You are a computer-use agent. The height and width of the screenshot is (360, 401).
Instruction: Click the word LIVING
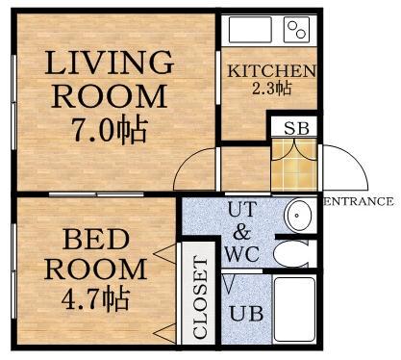(109, 64)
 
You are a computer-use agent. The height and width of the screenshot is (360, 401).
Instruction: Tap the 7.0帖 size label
(109, 131)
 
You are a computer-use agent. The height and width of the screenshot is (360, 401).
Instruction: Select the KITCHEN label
(271, 71)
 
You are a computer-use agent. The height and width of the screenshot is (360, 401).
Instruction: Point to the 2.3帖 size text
(271, 88)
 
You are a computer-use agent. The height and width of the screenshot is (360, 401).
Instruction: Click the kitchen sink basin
(250, 30)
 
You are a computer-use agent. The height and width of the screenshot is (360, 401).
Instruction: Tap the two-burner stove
(296, 30)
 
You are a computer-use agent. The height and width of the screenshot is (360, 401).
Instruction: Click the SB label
(296, 128)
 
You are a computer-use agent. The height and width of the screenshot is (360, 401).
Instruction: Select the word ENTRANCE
(359, 201)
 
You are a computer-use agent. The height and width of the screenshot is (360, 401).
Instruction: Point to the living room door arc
(186, 161)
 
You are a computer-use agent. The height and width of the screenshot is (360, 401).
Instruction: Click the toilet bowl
(290, 253)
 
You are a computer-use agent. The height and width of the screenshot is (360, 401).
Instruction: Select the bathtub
(295, 309)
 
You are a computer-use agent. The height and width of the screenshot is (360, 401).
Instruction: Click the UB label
(246, 314)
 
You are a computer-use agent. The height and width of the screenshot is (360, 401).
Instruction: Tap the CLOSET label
(201, 297)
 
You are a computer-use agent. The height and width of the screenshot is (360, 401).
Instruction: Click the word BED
(96, 240)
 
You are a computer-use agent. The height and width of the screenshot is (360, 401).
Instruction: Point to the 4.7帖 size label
(95, 298)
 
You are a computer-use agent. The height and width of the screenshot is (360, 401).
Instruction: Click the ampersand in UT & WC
(242, 232)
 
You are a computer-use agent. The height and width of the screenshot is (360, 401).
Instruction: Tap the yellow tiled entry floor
(294, 165)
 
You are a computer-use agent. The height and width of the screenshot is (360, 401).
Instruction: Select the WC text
(242, 254)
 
